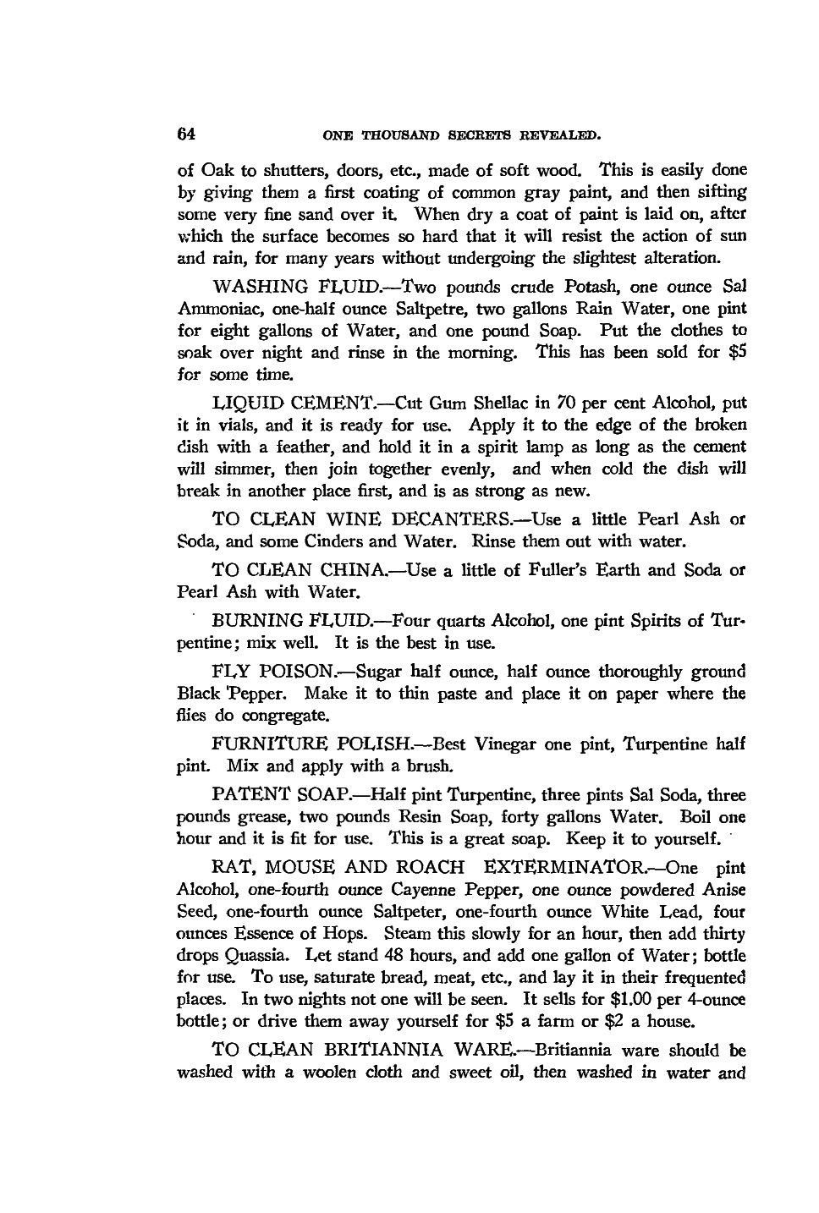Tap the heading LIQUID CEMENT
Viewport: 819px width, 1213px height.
282,403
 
